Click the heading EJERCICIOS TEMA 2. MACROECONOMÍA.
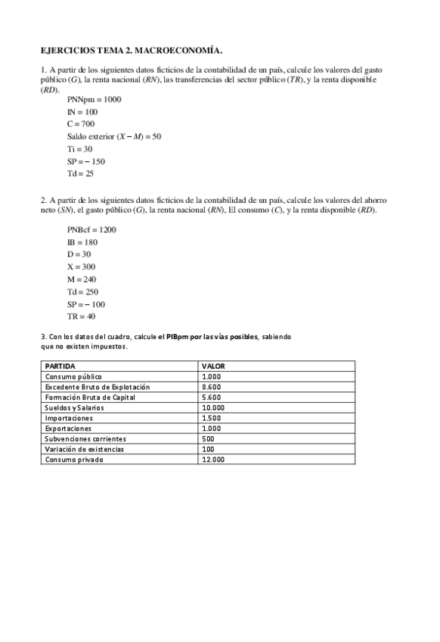coord(132,51)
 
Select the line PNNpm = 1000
coord(94,99)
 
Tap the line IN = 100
coord(82,112)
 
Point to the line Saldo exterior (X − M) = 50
coord(113,136)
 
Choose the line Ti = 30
coord(79,149)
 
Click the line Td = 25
coord(80,174)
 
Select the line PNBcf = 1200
coord(91,229)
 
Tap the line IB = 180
coord(82,242)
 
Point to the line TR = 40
coord(81,316)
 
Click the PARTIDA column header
coord(60,366)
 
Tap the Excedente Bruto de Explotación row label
coord(98,387)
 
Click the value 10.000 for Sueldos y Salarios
coord(213,407)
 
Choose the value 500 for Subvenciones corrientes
coord(208,438)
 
